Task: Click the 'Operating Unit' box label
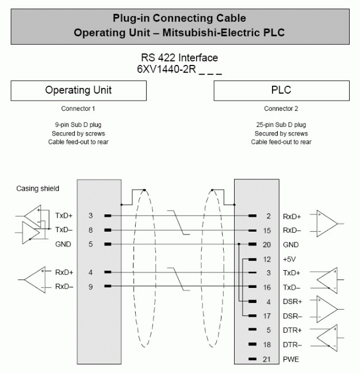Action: (78, 90)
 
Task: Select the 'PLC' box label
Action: (281, 90)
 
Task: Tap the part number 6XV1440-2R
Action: (166, 69)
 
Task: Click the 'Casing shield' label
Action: (37, 189)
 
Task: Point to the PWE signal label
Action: (291, 359)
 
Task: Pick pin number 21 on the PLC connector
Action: (267, 359)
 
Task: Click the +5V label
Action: (289, 259)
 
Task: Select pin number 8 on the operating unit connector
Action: (90, 230)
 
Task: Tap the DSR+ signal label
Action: (292, 302)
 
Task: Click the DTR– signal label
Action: (292, 345)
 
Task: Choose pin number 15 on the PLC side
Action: (267, 230)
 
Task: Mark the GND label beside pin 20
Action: (291, 244)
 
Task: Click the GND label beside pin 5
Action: (63, 244)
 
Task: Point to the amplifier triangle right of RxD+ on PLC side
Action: (327, 224)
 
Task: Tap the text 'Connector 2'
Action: (281, 109)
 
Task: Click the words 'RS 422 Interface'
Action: (179, 58)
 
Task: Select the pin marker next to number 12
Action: (252, 259)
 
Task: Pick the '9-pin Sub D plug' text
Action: (78, 125)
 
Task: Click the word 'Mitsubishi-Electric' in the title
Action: (211, 33)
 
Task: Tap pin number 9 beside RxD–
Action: (90, 287)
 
